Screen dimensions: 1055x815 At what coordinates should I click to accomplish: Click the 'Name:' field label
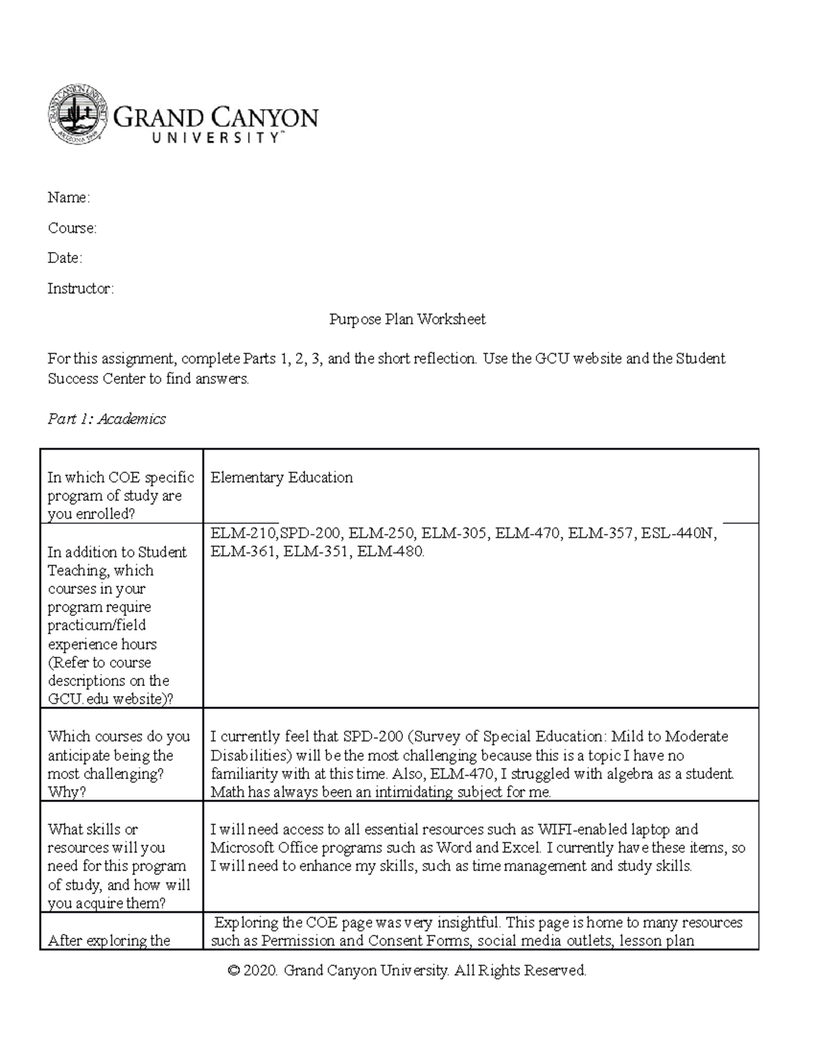[68, 198]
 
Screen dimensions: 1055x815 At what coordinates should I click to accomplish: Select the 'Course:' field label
[72, 228]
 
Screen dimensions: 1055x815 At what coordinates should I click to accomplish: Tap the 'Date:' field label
[65, 258]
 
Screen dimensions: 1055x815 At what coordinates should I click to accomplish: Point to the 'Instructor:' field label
[81, 289]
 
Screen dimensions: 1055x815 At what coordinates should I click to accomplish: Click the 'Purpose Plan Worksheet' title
[407, 319]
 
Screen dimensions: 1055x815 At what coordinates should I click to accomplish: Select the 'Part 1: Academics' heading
[107, 419]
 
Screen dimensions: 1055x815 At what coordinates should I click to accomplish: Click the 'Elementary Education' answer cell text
[281, 478]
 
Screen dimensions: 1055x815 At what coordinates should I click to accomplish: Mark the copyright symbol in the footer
[234, 971]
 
